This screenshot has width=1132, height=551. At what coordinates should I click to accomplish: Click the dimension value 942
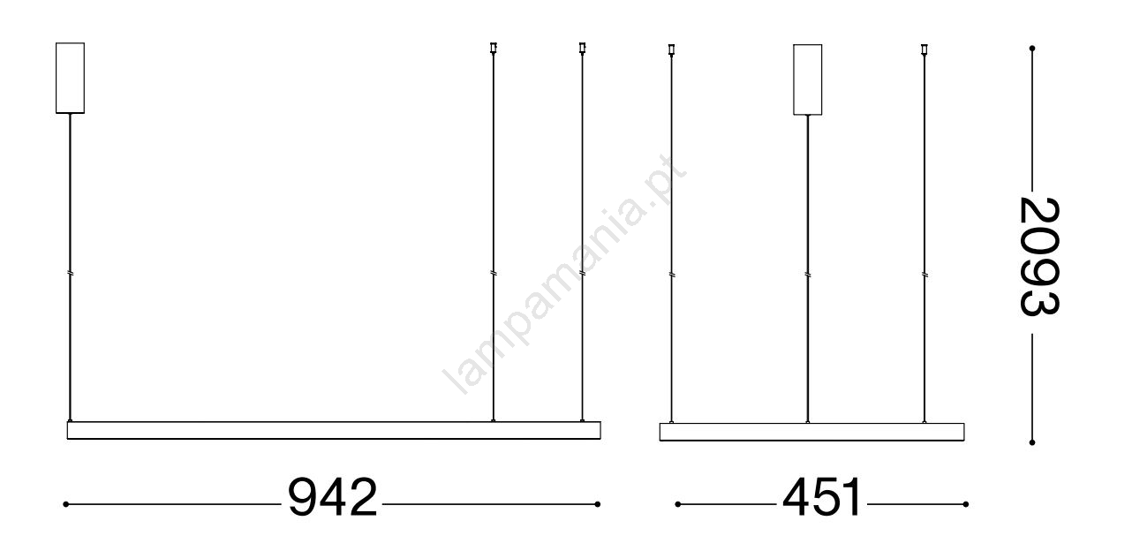coord(333,497)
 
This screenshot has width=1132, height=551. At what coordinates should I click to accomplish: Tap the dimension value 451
coord(821,497)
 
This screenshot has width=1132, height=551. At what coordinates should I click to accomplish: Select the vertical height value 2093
coord(1039,257)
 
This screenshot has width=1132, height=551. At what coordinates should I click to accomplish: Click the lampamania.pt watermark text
coord(564,274)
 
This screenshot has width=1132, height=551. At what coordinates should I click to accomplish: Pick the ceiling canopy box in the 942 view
coord(71,78)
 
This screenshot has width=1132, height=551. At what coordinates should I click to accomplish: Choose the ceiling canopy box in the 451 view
coord(808,79)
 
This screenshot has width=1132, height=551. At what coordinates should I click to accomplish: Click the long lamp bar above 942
coord(334,430)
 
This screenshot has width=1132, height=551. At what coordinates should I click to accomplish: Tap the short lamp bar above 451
coord(812,432)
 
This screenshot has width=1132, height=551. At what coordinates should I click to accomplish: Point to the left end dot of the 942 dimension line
coord(65,504)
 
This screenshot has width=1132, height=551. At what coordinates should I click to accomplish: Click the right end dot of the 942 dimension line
coord(597,504)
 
